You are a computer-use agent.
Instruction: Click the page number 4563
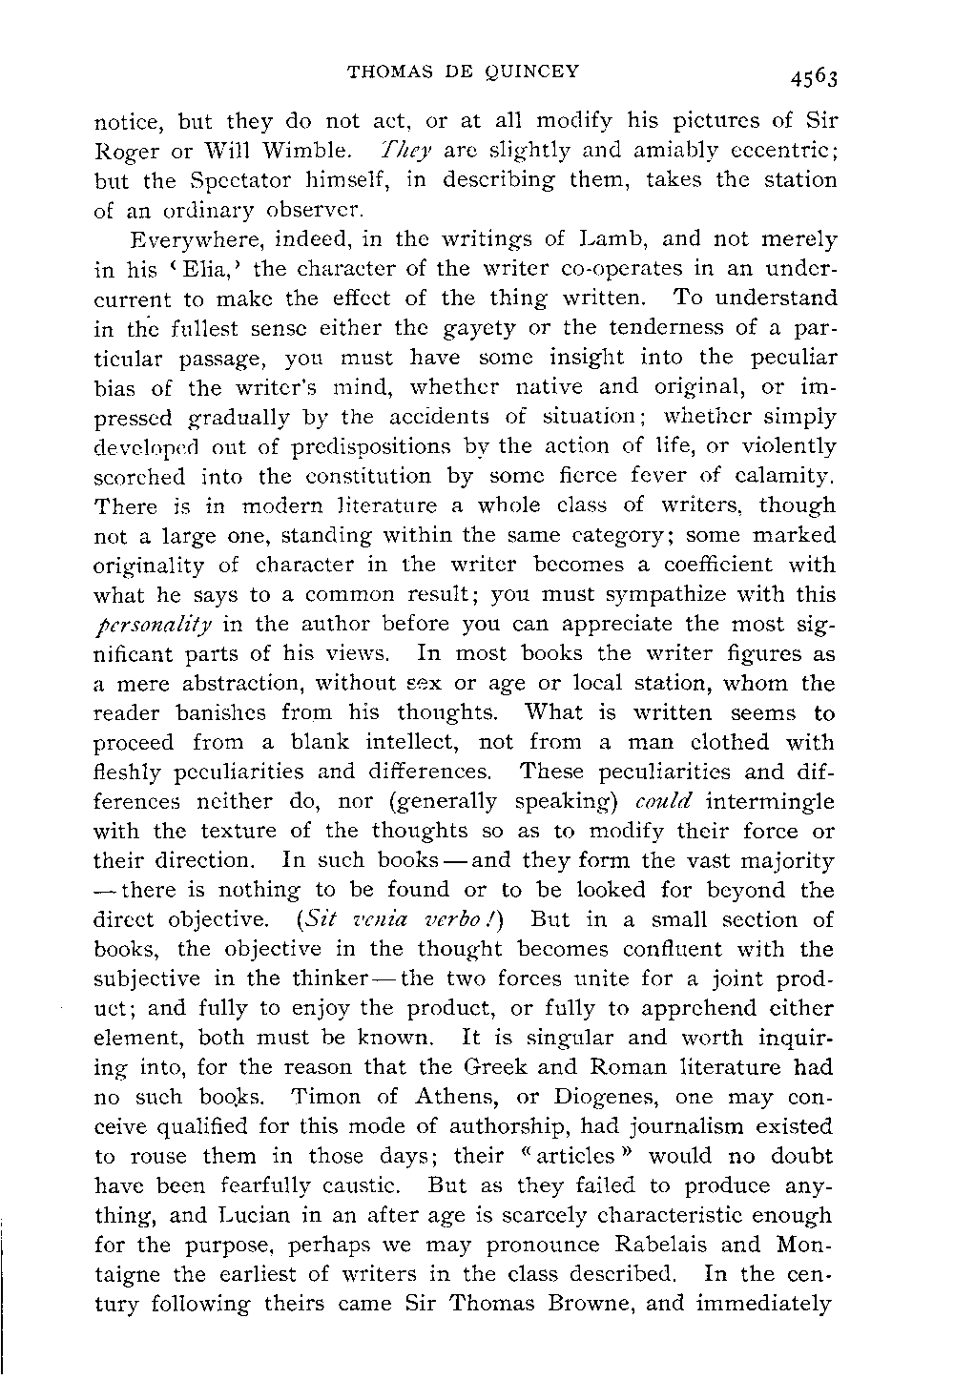812,77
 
